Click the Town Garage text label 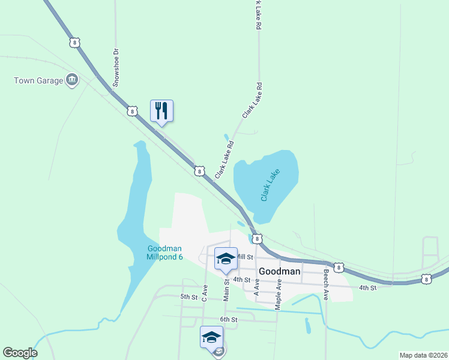(x=39, y=80)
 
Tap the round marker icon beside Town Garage (x=72, y=80)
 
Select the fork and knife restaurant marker (x=161, y=110)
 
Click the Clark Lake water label (x=270, y=185)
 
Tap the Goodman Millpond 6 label (x=164, y=253)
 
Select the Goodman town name (x=279, y=271)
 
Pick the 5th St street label (x=189, y=297)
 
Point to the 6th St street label (x=229, y=320)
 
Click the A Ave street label (x=257, y=290)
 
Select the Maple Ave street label (x=279, y=293)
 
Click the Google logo (x=20, y=353)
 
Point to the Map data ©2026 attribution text (x=423, y=355)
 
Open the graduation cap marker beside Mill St (x=226, y=259)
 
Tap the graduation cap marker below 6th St (x=211, y=337)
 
